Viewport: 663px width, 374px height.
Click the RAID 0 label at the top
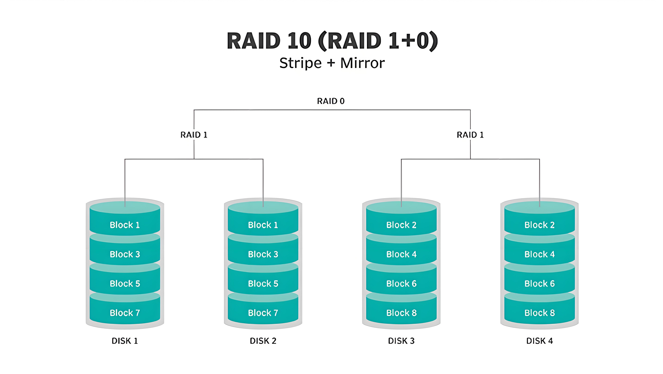tap(331, 101)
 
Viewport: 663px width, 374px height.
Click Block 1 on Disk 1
tap(125, 225)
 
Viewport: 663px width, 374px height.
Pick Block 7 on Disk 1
tap(125, 313)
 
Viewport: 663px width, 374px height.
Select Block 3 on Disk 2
tap(263, 254)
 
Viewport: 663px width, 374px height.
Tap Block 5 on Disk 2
tap(263, 284)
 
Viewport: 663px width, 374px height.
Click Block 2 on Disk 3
tap(401, 225)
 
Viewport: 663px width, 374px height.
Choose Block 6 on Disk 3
tap(401, 284)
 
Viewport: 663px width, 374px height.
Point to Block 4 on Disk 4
tap(539, 254)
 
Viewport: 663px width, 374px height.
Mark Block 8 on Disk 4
tap(539, 313)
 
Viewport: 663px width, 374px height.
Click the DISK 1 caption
tap(125, 341)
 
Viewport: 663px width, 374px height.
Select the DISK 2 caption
tap(263, 341)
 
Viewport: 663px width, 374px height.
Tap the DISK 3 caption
tap(401, 341)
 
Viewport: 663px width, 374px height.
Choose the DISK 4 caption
tap(539, 341)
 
